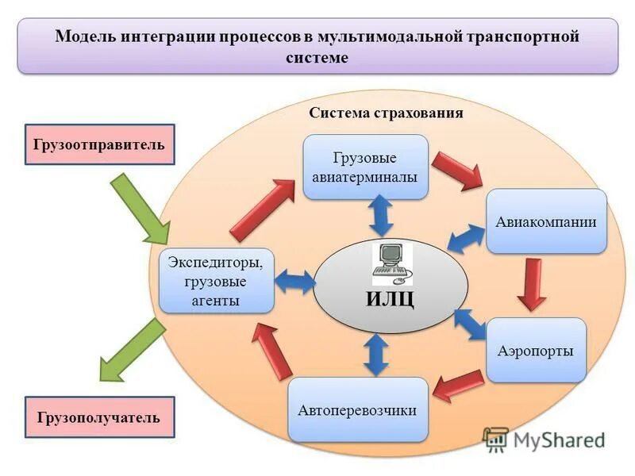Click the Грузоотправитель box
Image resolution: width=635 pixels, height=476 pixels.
tap(99, 144)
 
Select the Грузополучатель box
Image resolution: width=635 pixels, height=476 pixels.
tap(99, 416)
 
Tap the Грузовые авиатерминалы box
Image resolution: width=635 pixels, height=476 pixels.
tap(366, 167)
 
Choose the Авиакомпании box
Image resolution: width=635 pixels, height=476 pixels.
tap(546, 221)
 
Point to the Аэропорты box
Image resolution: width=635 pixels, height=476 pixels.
tap(536, 350)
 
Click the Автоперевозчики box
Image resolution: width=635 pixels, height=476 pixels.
tap(357, 410)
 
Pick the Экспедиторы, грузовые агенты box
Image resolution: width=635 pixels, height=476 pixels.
tap(217, 280)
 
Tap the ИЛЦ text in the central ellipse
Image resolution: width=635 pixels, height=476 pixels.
tap(390, 299)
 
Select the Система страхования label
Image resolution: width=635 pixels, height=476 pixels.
tap(386, 113)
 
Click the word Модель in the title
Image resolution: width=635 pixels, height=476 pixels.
tap(86, 36)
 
